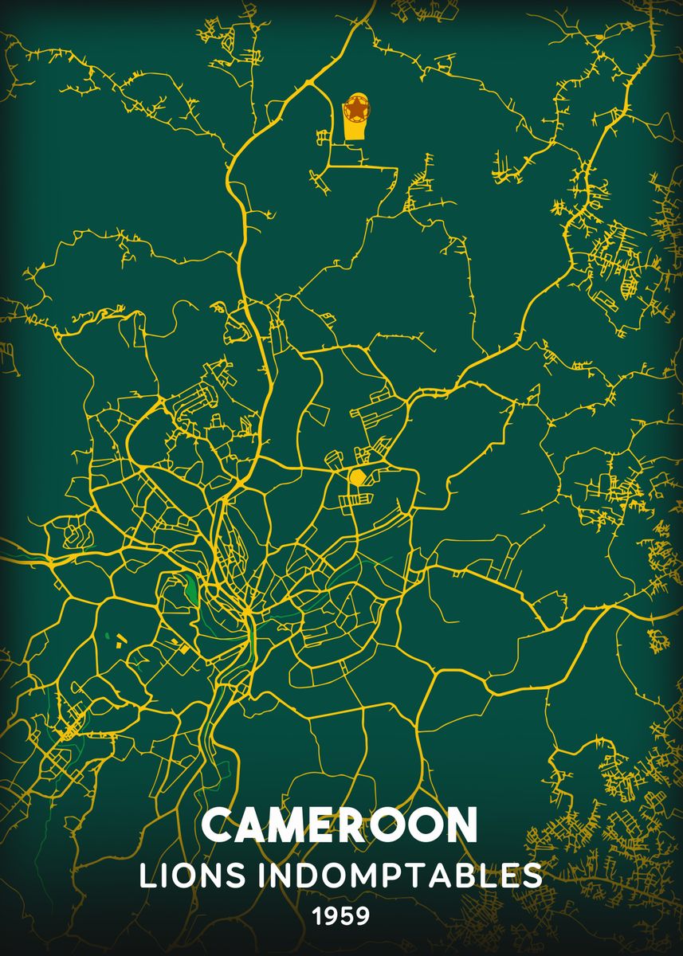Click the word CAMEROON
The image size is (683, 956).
pos(340,825)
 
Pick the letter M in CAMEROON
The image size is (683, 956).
pos(290,825)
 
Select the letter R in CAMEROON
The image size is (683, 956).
pos(357,825)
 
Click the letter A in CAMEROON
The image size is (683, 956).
pos(252,825)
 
